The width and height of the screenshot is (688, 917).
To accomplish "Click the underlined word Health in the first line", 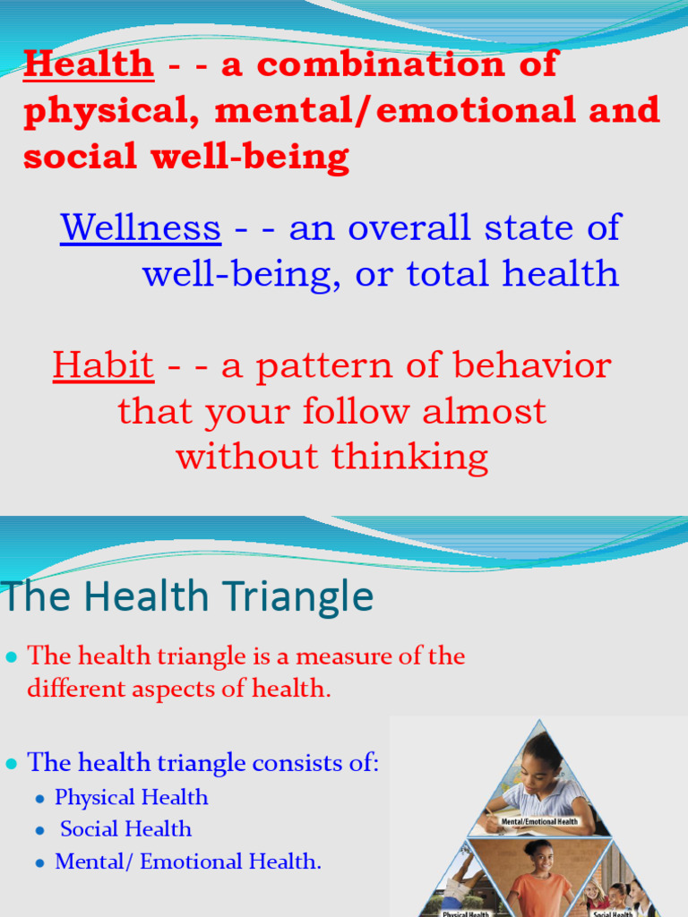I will point(89,64).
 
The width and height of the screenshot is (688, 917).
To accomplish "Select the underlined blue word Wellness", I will point(141,227).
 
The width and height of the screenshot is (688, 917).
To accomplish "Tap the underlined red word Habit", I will point(103,365).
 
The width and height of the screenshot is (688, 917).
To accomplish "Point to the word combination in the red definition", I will point(386,64).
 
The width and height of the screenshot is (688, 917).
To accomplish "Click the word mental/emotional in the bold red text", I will point(402,111).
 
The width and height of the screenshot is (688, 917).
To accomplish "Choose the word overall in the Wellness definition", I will point(412,227).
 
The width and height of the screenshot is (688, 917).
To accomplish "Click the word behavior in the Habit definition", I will point(536,365).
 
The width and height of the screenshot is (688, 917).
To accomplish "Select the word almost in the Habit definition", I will point(484,411).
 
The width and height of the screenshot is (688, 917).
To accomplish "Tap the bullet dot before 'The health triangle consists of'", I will point(12,764).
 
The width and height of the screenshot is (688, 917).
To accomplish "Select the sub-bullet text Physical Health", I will point(131,797).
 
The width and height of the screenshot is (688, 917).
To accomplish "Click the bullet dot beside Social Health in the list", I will point(39,831).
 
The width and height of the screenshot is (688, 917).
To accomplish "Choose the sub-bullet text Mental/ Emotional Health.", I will point(187,861).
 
